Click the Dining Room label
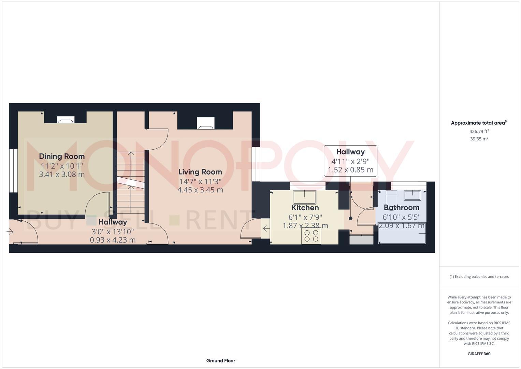[x=62, y=156]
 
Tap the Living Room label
[x=200, y=172]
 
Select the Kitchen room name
[x=305, y=208]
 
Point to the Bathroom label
[x=401, y=207]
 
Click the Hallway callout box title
[x=350, y=152]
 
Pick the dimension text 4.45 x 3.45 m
[x=200, y=190]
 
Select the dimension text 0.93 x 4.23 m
[x=113, y=240]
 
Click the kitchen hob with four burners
[x=311, y=236]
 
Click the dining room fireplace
[x=66, y=120]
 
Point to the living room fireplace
[x=206, y=124]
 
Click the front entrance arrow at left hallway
[x=10, y=232]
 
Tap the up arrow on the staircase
[x=131, y=154]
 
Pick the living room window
[x=256, y=164]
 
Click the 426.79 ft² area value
[x=479, y=131]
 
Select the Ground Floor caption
[x=220, y=360]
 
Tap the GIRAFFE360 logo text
[x=479, y=354]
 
